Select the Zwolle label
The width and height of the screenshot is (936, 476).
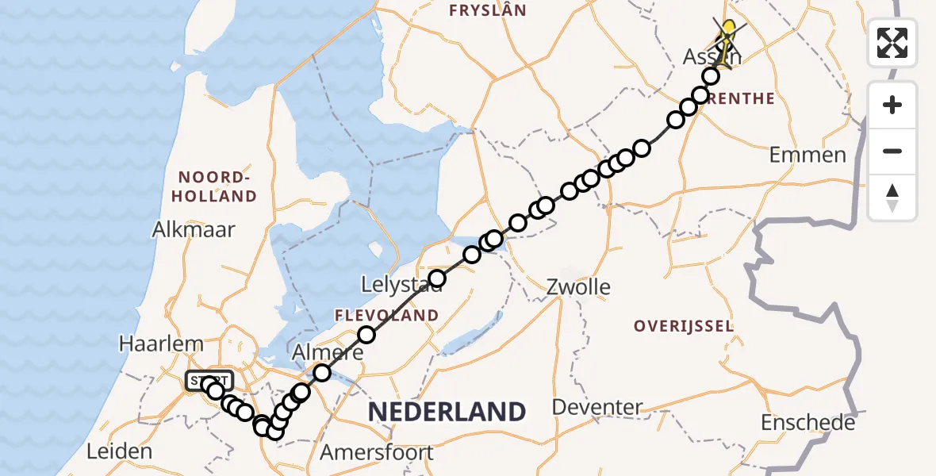pos(578,286)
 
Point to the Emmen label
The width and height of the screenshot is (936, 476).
pos(807,155)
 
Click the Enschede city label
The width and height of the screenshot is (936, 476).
pos(807,423)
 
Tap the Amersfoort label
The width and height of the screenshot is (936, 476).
pos(377,453)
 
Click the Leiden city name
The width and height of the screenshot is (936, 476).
pos(119,452)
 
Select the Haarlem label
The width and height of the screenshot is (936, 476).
pos(161,344)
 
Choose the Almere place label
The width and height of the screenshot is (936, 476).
pos(328,352)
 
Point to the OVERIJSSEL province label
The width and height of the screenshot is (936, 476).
pos(683,326)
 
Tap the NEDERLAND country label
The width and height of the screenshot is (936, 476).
pos(447,412)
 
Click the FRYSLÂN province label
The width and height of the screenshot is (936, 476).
pos(487,10)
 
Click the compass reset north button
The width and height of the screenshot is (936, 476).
pos(892,198)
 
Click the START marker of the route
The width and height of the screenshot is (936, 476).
pos(209,382)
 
